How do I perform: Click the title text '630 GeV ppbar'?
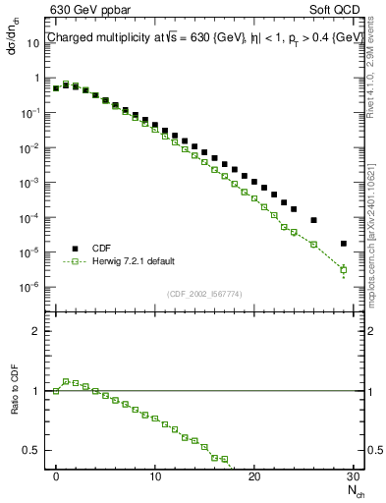point(89,11)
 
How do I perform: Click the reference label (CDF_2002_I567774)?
point(203,295)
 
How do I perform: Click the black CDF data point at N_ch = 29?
point(343,244)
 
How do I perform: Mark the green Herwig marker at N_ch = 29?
point(343,269)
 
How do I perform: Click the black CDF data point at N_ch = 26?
point(313,220)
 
